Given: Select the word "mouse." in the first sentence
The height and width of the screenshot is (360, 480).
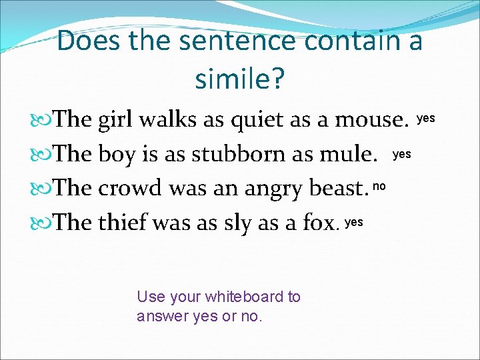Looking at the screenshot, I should click(371, 120).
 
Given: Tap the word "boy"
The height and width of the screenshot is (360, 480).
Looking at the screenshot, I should click(118, 155).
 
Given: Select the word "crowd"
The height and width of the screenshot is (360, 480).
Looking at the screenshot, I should click(131, 189).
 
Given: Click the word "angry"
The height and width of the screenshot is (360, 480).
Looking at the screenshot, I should click(273, 189).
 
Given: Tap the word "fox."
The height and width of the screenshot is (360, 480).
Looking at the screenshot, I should click(318, 223).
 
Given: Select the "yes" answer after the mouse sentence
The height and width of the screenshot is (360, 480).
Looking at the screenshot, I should click(426, 118).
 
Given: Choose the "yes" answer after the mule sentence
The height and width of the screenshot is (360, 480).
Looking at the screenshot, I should click(402, 154).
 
